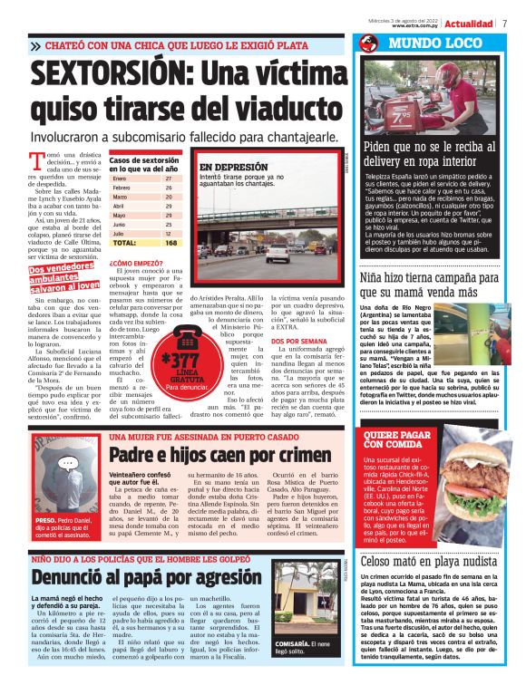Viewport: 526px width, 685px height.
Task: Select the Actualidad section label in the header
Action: coord(468,23)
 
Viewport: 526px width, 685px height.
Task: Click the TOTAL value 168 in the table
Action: coord(170,244)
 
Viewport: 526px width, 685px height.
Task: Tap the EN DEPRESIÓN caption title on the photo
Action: coord(233,168)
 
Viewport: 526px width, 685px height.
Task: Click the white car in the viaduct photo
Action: coord(276,254)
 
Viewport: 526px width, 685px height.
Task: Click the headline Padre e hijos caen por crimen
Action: coord(220,454)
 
